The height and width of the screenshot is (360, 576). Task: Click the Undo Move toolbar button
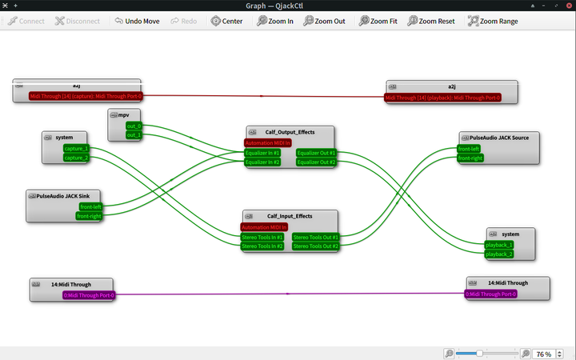coord(136,21)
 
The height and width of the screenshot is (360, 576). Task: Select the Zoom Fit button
coord(378,21)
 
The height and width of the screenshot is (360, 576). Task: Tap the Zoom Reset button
coord(431,21)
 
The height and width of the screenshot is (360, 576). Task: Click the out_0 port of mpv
coord(133,126)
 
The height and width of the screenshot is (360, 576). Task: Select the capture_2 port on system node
coord(76,158)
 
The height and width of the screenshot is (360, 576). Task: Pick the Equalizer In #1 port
coord(262,153)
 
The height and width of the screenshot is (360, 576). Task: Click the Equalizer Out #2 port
coord(316,162)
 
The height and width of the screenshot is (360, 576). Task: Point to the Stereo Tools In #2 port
coord(262,246)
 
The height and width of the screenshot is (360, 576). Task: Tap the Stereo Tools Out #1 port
coord(315,238)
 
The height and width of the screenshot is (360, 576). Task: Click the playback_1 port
coord(499,245)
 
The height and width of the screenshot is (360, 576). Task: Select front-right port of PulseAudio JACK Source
coord(470,158)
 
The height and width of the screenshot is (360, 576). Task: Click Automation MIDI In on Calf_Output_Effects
coord(267,143)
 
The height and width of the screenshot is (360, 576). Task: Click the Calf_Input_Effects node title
coord(290,216)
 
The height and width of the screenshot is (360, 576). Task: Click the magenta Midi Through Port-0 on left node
coord(89,295)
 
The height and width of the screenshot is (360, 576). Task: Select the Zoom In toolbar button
coord(275,21)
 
